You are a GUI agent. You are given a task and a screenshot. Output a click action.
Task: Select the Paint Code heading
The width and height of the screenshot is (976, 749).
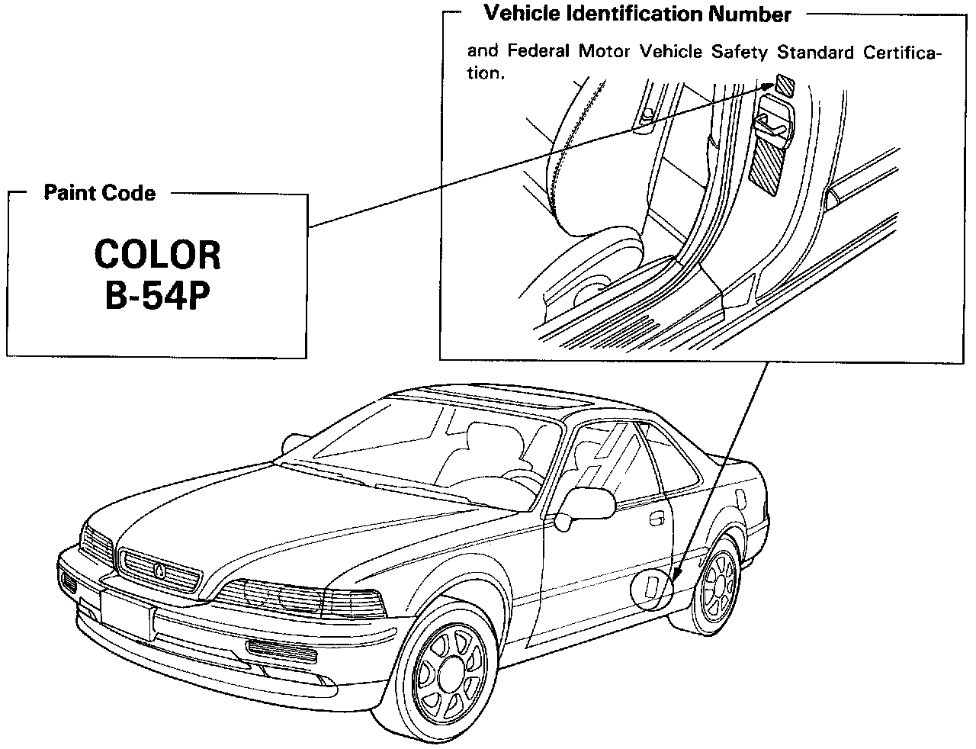click(x=99, y=193)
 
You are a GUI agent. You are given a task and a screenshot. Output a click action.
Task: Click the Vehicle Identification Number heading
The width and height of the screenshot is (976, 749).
click(x=637, y=14)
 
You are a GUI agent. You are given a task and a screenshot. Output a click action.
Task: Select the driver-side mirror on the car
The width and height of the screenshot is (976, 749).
click(x=589, y=504)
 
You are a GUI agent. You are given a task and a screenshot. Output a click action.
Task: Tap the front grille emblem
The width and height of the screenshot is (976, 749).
click(x=159, y=569)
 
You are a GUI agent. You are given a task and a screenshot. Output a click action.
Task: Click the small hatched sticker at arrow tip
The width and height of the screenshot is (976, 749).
click(x=785, y=83)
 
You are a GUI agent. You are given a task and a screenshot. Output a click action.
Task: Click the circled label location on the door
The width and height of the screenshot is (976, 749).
click(x=655, y=588)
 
